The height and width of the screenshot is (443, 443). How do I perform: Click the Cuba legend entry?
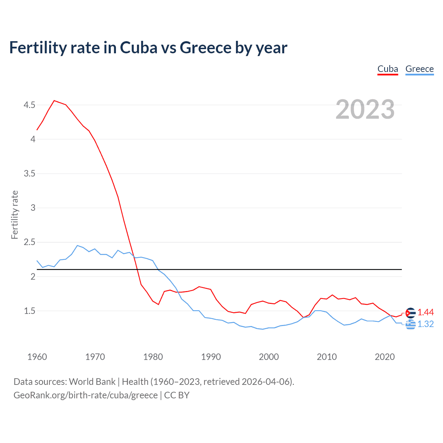[x=388, y=69]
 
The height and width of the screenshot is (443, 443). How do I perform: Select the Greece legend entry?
[x=419, y=69]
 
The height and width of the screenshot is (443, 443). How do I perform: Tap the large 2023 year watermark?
[x=365, y=109]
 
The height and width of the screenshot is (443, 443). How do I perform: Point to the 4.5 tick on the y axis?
[x=29, y=105]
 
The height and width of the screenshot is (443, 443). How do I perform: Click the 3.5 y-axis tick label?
[x=29, y=173]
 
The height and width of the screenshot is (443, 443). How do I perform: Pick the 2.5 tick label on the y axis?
[x=29, y=242]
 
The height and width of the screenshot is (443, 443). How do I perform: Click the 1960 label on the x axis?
[x=37, y=357]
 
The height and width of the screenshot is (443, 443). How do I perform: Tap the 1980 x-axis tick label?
[x=153, y=357]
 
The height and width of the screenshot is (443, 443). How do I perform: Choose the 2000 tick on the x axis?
[x=269, y=357]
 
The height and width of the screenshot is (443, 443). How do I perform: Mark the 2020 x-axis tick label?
[x=385, y=357]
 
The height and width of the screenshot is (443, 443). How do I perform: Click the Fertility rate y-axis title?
[x=15, y=215]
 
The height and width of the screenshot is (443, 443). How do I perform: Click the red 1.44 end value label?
[x=425, y=313]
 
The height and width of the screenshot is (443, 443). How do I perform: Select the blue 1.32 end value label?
[x=425, y=324]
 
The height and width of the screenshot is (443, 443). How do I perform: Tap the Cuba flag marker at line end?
[x=410, y=313]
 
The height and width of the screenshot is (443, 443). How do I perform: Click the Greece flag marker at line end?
[x=410, y=325]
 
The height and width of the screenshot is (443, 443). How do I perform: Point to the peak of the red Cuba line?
[x=54, y=101]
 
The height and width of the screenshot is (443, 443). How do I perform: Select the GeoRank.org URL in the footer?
[x=85, y=395]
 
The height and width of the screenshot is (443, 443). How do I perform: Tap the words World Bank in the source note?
[x=92, y=382]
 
